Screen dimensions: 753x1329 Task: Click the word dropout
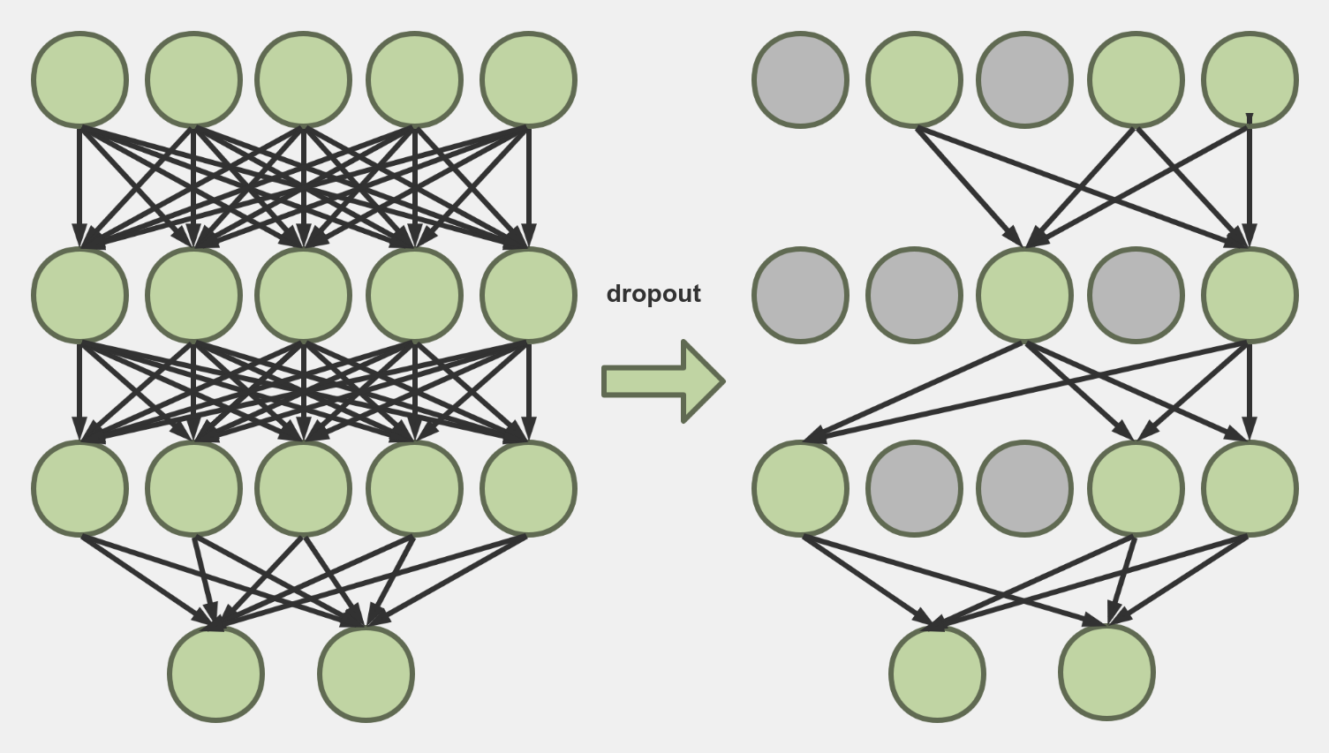(653, 294)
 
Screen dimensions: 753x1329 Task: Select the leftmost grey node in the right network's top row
(801, 79)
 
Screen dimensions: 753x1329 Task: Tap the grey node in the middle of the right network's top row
(1024, 79)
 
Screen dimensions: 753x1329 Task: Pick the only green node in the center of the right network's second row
(1024, 295)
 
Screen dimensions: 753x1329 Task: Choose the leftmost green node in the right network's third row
(801, 488)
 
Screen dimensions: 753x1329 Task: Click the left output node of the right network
(937, 674)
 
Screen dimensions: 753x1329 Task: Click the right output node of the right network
(1106, 674)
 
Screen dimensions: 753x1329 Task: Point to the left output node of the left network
(215, 674)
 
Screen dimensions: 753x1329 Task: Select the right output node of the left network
(366, 674)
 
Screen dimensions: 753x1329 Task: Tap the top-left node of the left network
(80, 79)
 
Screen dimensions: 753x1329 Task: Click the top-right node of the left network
(528, 79)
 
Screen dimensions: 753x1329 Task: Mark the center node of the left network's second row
(304, 295)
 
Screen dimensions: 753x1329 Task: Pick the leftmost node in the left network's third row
(80, 488)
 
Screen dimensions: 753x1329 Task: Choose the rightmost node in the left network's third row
(528, 488)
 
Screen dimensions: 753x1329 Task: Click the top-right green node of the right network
(1250, 79)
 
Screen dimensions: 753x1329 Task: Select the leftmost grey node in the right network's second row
(801, 295)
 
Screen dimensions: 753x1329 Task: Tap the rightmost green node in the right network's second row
(1250, 295)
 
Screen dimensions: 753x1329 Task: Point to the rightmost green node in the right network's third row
(1250, 488)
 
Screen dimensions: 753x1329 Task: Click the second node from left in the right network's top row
(914, 79)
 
